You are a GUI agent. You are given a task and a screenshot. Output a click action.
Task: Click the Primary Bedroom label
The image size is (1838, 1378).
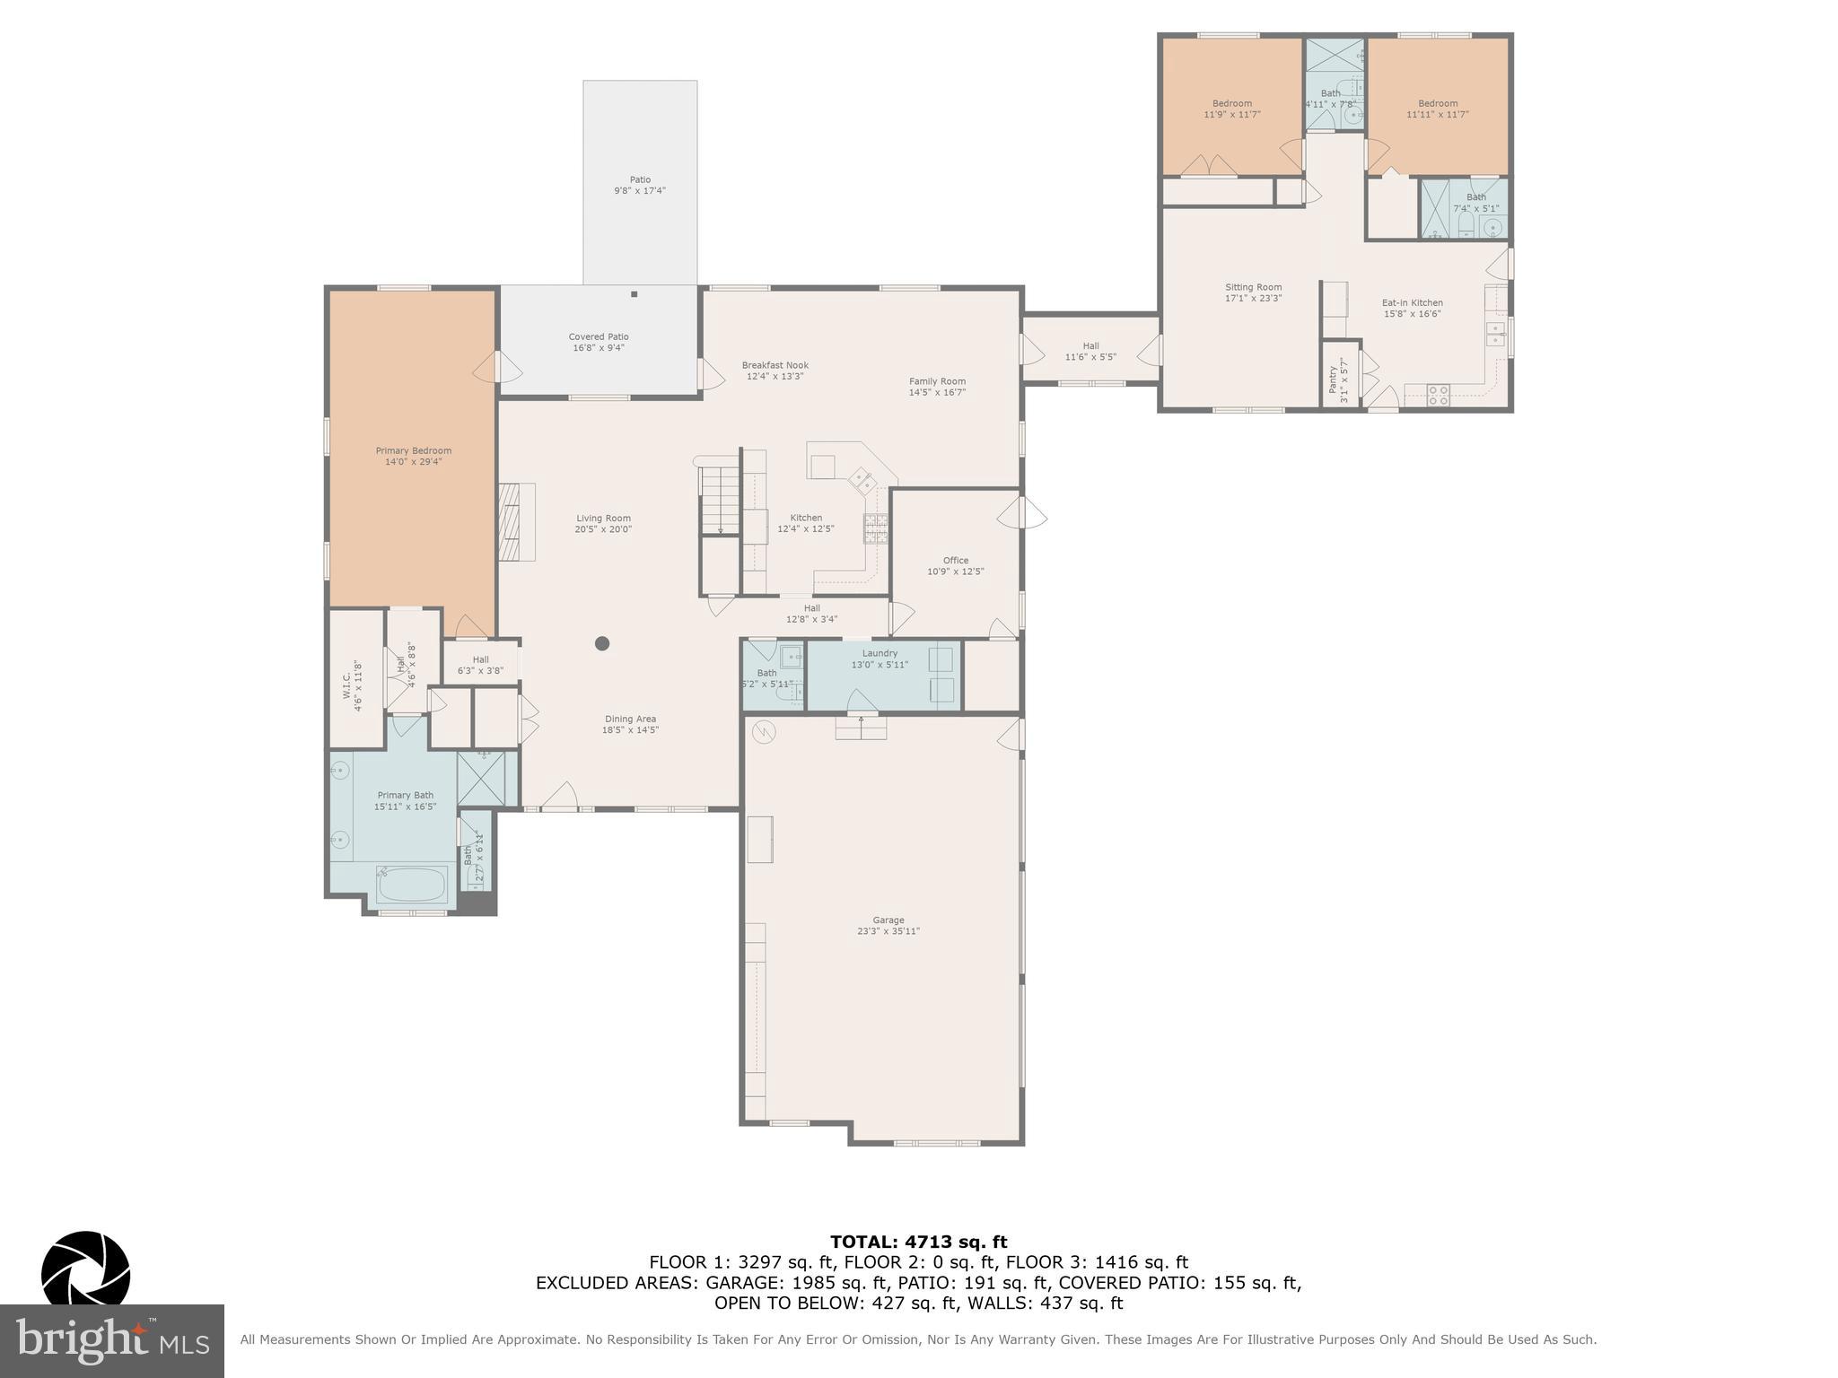pos(413,451)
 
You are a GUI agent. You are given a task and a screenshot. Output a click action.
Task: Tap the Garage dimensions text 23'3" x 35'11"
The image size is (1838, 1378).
pos(888,931)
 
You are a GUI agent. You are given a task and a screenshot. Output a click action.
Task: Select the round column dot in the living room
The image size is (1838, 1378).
pos(602,643)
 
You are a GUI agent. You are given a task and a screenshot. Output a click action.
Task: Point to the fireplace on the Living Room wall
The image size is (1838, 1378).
pos(516,522)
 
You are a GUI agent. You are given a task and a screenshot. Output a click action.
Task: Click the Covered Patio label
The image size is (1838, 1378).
pos(598,337)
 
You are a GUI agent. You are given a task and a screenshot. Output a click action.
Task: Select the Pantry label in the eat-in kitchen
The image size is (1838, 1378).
pos(1333,381)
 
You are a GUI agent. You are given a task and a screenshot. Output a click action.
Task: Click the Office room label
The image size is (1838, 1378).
pos(955,561)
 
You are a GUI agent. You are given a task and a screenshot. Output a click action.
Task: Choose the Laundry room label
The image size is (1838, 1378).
pos(880,653)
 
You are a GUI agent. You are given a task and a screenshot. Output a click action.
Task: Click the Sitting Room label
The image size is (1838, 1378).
pos(1253,288)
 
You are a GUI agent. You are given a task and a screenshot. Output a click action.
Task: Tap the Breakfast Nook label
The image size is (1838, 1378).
pos(775,365)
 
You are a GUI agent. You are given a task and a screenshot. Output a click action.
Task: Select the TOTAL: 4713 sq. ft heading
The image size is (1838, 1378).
pos(918,1243)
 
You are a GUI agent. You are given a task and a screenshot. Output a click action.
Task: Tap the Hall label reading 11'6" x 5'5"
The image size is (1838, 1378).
pos(1090,346)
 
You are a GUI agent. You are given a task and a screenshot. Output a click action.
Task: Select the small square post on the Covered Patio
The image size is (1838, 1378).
pos(634,294)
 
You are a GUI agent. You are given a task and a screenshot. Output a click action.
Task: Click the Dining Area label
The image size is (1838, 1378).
pos(630,719)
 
